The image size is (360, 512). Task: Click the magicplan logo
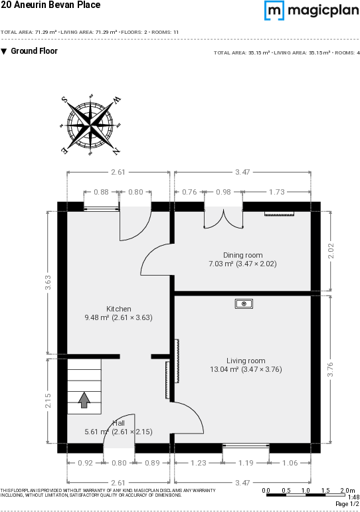tap(312, 11)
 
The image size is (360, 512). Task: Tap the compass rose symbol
tap(90, 125)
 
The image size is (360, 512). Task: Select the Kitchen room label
tap(119, 309)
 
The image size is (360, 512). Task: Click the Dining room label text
tap(242, 255)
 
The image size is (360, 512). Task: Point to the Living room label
tap(245, 361)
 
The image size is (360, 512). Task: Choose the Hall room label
tap(118, 423)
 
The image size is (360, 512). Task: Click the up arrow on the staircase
tap(84, 400)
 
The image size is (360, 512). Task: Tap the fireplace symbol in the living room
tap(244, 303)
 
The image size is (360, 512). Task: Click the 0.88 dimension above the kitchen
tap(101, 192)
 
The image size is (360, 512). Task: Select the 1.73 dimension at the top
tap(277, 192)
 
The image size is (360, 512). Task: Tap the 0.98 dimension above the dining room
tap(223, 192)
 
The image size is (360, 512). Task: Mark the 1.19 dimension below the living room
tap(246, 464)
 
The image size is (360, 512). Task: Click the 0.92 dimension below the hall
tap(85, 464)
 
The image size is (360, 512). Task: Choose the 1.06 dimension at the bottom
tap(290, 464)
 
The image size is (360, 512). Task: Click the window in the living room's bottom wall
tap(246, 445)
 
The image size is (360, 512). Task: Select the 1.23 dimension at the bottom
tap(198, 464)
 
